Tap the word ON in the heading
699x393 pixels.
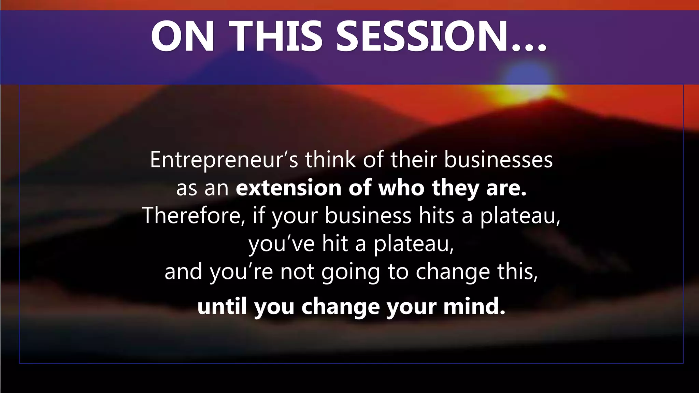click(183, 36)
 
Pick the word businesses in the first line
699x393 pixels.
click(498, 160)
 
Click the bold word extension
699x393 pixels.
click(288, 188)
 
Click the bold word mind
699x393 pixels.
click(474, 306)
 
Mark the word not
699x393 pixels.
click(297, 272)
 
